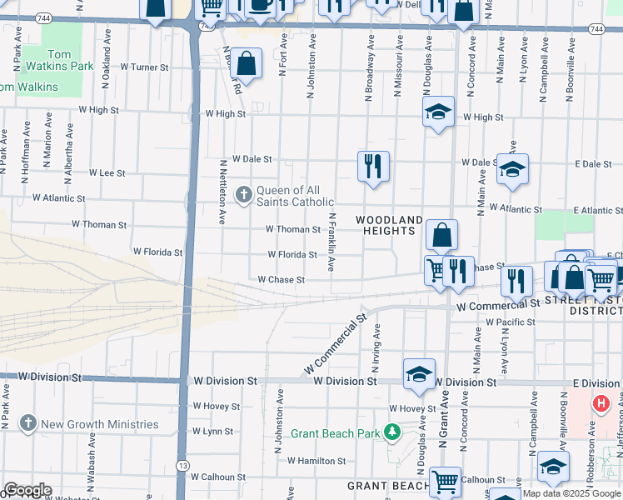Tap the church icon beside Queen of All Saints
click(244, 195)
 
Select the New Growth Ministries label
click(99, 424)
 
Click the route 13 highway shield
click(182, 487)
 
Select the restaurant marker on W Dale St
click(373, 164)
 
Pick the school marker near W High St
click(437, 112)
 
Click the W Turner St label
click(144, 67)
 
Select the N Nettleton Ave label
click(222, 192)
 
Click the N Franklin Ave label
click(331, 242)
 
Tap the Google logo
click(27, 490)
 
